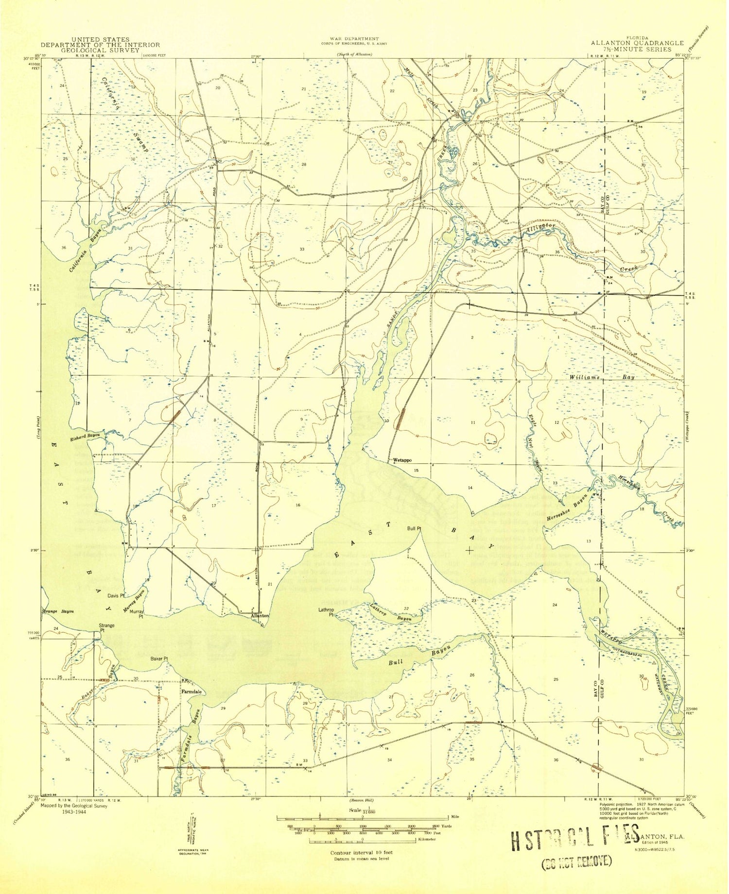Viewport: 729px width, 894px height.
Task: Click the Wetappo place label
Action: [x=402, y=460]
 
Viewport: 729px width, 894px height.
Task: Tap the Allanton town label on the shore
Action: [x=260, y=616]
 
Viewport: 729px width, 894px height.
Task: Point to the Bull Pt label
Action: [x=414, y=528]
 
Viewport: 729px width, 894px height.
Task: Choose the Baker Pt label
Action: [x=159, y=659]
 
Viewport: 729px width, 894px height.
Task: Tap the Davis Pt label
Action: [x=116, y=595]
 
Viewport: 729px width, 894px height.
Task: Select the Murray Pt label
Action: [x=140, y=615]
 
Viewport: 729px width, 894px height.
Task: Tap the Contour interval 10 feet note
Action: [x=361, y=852]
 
